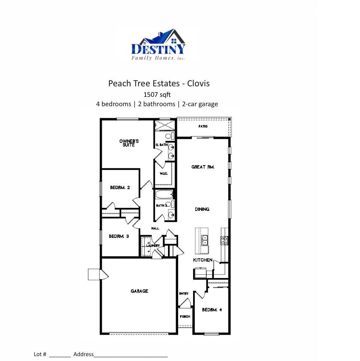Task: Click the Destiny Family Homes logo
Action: (158, 45)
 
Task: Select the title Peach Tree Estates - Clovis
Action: (159, 83)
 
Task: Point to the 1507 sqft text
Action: (157, 95)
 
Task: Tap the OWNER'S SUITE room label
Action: (129, 143)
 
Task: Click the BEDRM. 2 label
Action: (120, 187)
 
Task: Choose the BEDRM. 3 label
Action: (119, 236)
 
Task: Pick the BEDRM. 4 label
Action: (212, 310)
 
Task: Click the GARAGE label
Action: (139, 291)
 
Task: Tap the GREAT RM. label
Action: (203, 167)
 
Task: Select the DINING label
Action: (202, 209)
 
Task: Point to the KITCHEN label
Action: (203, 260)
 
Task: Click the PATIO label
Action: (203, 126)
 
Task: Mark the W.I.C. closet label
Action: (163, 173)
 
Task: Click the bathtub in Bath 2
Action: (164, 195)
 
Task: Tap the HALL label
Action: (155, 228)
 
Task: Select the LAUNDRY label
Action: (153, 246)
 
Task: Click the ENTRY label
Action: (184, 293)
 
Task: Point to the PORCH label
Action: (185, 317)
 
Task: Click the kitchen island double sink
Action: (205, 240)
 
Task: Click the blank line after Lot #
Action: (60, 355)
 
